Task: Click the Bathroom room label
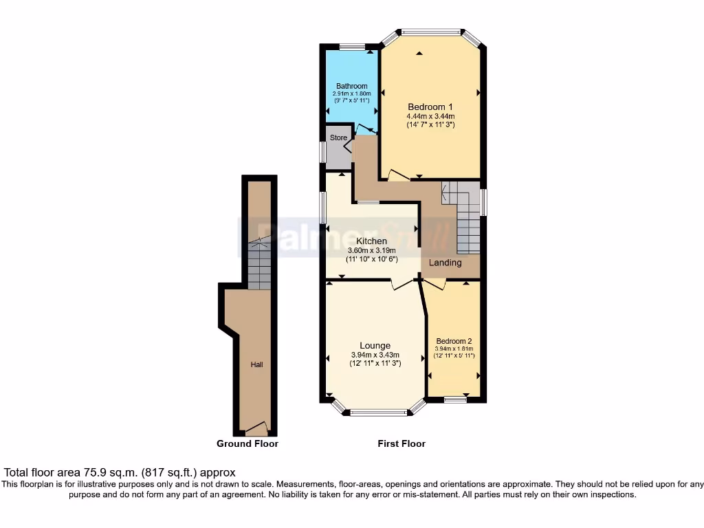[x=352, y=86]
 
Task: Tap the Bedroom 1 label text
[x=430, y=107]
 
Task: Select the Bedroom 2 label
[x=454, y=341]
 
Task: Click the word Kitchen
[x=371, y=241]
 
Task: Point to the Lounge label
[x=375, y=345]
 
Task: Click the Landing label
[x=445, y=263]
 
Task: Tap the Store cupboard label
[x=339, y=137]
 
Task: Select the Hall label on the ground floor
[x=256, y=364]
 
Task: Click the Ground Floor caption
[x=247, y=443]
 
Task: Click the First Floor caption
[x=401, y=443]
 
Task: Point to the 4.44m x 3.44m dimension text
[x=430, y=116]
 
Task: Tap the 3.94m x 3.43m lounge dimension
[x=375, y=355]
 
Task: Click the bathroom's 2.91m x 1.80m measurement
[x=352, y=93]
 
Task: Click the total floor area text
[x=120, y=472]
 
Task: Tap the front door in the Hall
[x=257, y=429]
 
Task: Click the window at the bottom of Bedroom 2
[x=454, y=399]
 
